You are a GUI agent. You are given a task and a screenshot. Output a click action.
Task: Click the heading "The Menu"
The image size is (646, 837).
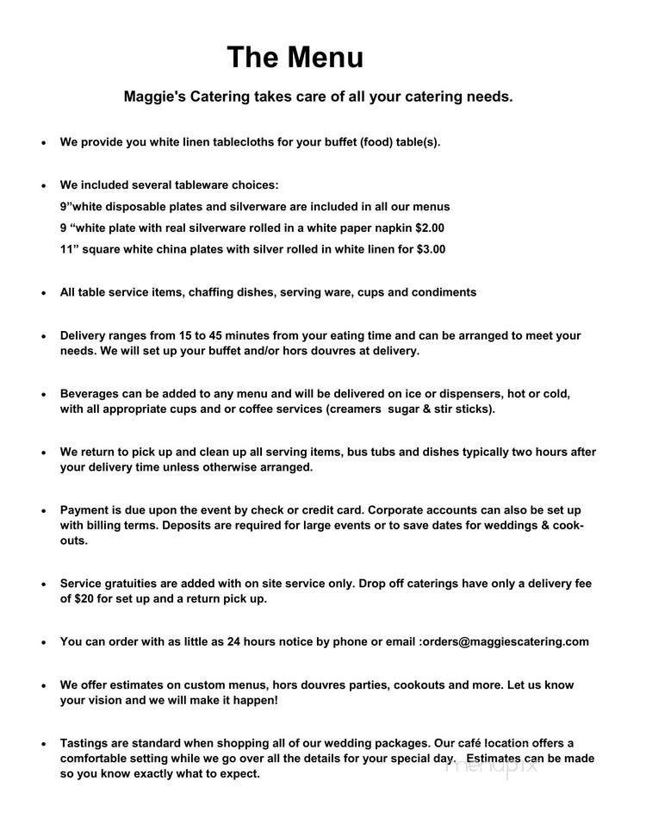(295, 58)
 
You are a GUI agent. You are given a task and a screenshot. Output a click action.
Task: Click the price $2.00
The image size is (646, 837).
(429, 228)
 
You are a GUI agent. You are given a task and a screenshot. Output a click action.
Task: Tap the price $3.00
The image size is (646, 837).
(430, 249)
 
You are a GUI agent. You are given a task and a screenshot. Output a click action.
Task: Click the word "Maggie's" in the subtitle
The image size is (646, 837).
(152, 97)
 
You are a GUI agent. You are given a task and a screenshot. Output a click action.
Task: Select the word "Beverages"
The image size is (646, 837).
(90, 393)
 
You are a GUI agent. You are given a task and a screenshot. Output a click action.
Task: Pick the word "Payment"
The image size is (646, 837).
(84, 509)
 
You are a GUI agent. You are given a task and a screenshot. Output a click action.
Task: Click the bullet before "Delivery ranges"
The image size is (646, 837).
(43, 335)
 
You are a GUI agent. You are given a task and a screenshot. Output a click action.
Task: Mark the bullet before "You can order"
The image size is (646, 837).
(43, 641)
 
